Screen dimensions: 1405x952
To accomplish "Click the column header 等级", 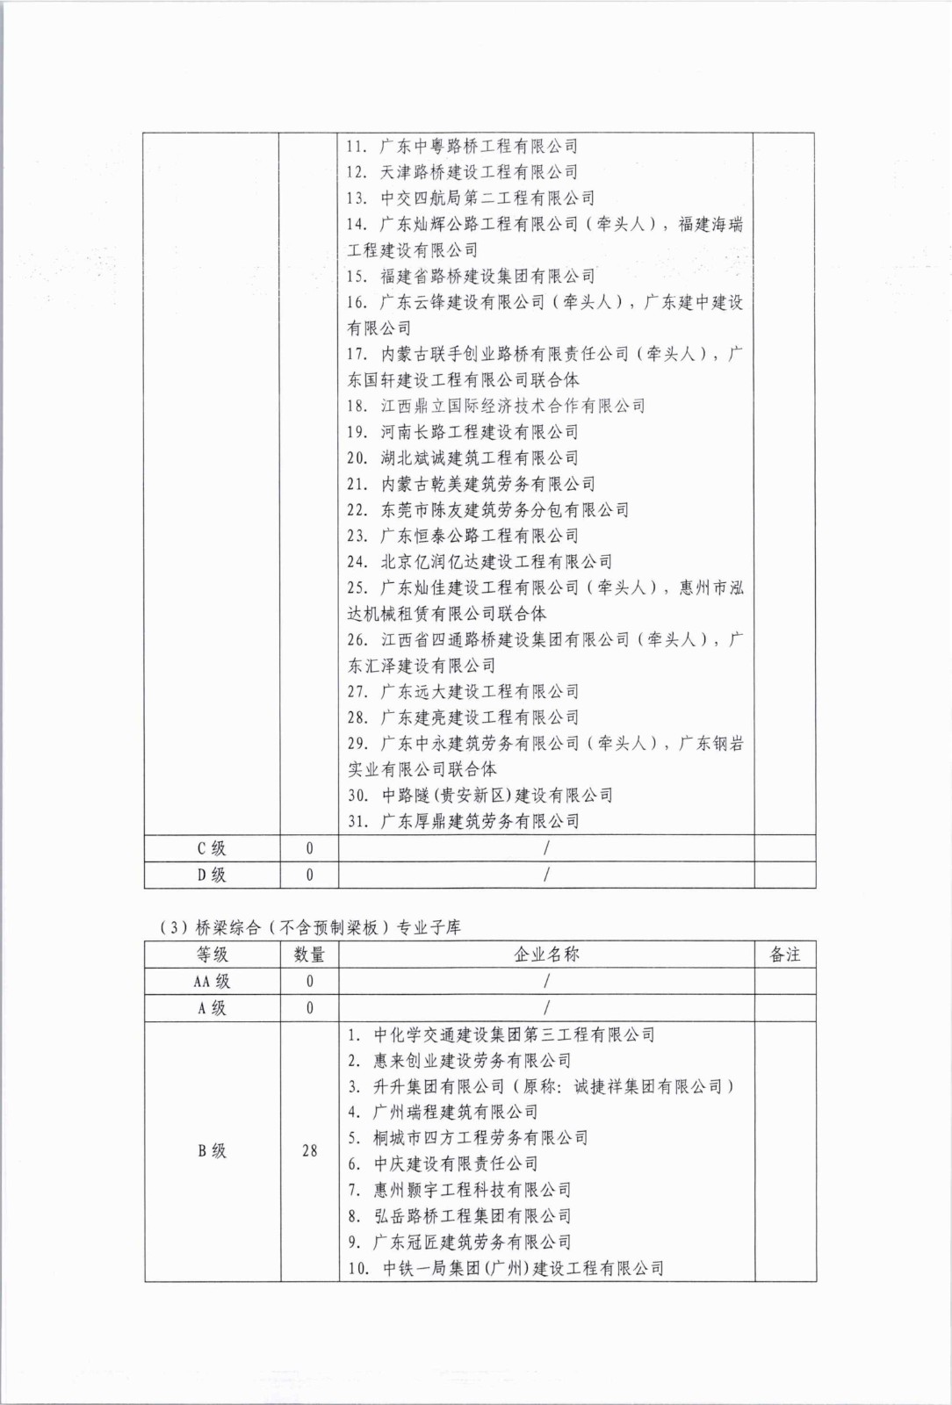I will click(212, 955).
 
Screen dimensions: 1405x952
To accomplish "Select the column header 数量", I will click(309, 955).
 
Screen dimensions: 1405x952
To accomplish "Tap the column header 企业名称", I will click(546, 955).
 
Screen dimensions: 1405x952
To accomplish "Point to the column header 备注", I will click(784, 955).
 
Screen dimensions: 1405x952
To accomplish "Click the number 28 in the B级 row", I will click(309, 1150).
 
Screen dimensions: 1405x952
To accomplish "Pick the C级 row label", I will click(212, 848).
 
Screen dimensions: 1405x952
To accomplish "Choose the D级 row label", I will click(212, 875).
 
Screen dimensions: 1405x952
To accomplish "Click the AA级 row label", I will click(212, 982).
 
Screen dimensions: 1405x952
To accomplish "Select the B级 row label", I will click(212, 1150).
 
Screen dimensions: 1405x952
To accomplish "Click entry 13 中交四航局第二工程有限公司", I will click(471, 198).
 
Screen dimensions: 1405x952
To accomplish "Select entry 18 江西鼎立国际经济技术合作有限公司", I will click(496, 406).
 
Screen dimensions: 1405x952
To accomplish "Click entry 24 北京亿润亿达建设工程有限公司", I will click(480, 562).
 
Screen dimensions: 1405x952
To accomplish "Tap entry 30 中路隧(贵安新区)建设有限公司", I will click(480, 796).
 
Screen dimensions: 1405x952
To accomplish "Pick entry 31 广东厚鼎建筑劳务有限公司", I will click(463, 822).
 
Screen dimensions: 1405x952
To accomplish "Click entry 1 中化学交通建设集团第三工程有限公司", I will click(501, 1034).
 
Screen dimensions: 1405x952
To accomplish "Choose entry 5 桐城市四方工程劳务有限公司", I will click(467, 1138).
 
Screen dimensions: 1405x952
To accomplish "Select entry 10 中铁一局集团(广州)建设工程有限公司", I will click(505, 1268).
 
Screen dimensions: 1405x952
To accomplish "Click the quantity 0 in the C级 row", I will click(309, 848).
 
